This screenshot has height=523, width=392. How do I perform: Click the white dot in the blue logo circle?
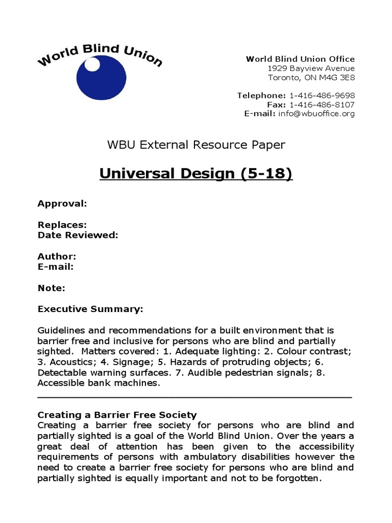click(92, 64)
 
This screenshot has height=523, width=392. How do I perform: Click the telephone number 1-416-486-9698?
click(322, 96)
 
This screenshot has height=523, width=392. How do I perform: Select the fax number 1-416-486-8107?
click(322, 105)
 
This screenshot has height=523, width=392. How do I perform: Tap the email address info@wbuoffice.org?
click(316, 113)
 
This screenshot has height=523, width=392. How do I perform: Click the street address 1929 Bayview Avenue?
click(311, 68)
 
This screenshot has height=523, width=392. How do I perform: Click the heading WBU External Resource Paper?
click(196, 145)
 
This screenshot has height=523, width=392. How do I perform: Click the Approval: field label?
click(62, 204)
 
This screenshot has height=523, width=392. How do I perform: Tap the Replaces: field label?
click(62, 225)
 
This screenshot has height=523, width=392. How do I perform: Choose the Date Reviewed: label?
click(78, 235)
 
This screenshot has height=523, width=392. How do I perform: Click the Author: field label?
click(57, 256)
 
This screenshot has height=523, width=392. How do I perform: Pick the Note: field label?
click(52, 288)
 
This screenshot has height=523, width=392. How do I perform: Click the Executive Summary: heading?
click(90, 309)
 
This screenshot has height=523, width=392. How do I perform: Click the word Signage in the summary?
click(118, 362)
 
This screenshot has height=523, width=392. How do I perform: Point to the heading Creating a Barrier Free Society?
click(117, 415)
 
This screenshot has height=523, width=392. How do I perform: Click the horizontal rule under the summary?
click(194, 396)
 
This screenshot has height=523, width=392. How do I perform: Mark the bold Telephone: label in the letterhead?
click(261, 96)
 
